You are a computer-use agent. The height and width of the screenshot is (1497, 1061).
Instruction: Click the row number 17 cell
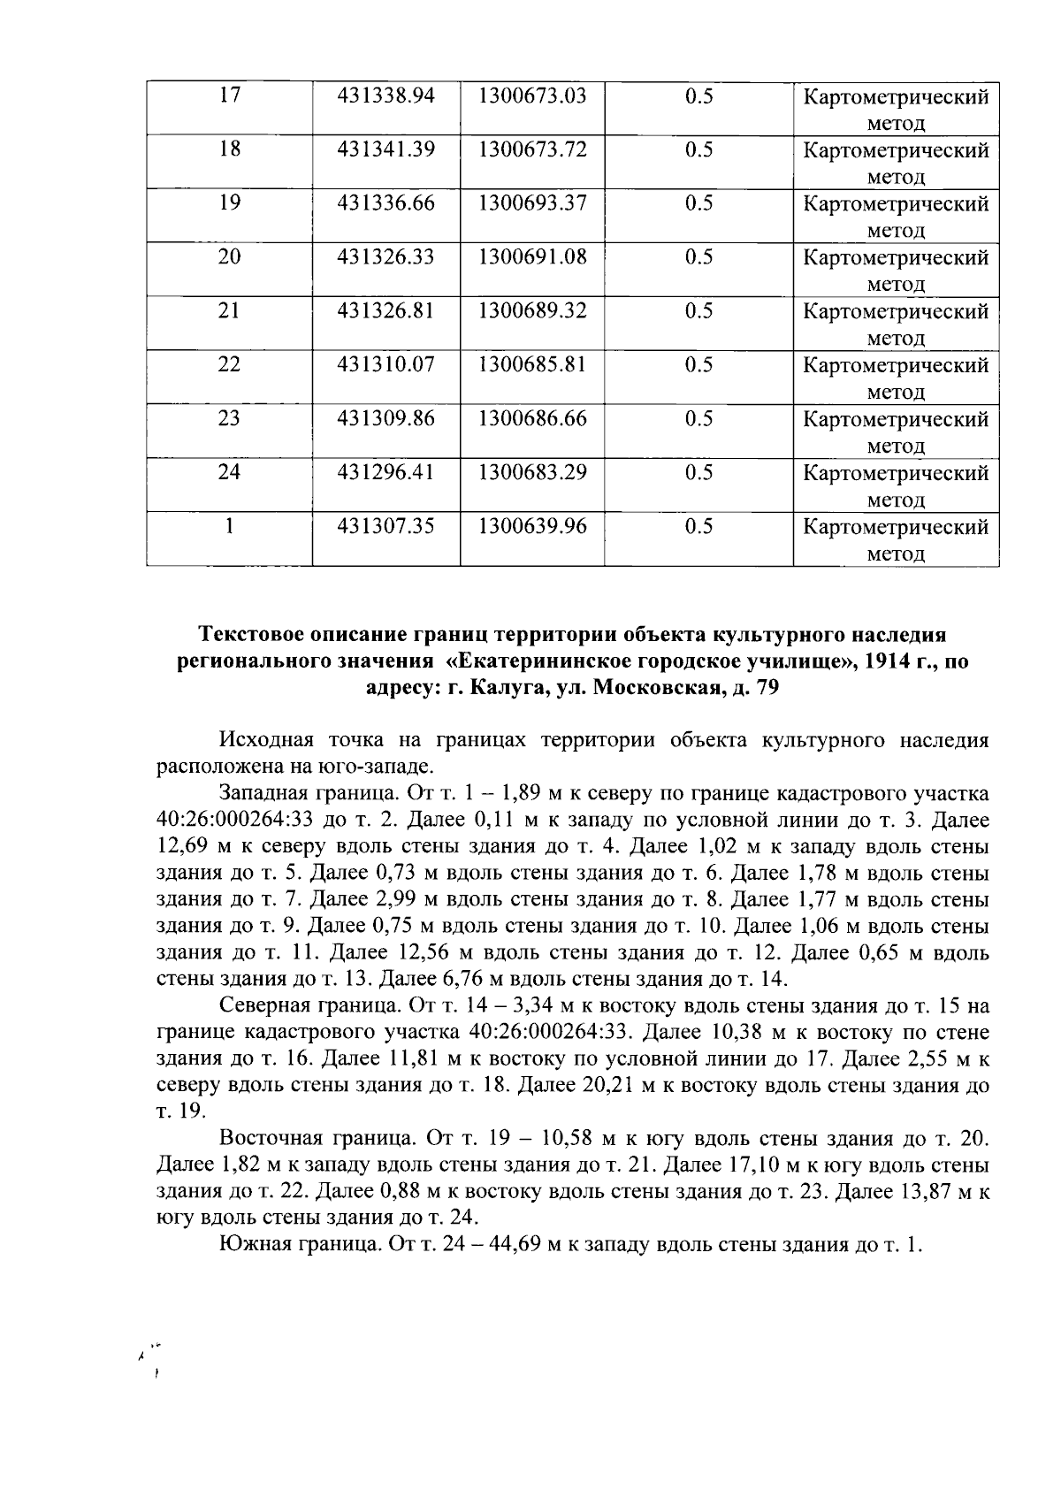coord(229,95)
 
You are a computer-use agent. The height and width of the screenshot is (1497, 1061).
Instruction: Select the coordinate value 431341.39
coord(386,149)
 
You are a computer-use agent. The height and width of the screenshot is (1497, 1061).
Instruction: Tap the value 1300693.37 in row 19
coord(532,203)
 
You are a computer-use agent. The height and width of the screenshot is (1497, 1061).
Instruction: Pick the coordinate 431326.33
coord(386,257)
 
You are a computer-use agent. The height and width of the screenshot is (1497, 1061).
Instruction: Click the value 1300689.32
coord(532,311)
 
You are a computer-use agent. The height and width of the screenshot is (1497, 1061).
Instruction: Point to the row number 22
coord(229,364)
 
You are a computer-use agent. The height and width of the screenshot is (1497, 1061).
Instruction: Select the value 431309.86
coord(386,418)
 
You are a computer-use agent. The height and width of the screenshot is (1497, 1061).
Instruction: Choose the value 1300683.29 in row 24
coord(532,472)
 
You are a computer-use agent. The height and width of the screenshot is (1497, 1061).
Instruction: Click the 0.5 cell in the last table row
coord(698,526)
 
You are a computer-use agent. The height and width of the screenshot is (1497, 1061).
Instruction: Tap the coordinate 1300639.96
coord(532,526)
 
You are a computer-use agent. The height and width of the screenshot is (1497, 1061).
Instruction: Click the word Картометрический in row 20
coord(896,258)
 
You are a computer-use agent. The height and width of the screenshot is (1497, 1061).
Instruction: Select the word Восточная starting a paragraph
coord(271,1137)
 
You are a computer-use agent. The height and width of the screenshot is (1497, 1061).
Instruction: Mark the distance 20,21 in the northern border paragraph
coord(609,1085)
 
